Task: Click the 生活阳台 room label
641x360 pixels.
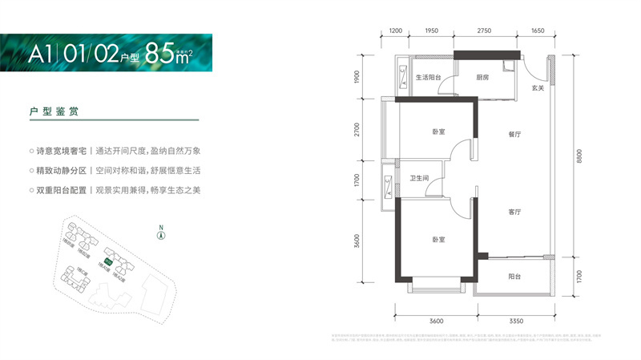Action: [431, 79]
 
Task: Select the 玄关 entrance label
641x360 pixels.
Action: [538, 88]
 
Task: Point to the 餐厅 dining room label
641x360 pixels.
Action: [514, 136]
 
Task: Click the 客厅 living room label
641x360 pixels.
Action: [514, 212]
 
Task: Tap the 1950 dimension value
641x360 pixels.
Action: [431, 30]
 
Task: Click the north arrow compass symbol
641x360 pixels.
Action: [160, 234]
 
